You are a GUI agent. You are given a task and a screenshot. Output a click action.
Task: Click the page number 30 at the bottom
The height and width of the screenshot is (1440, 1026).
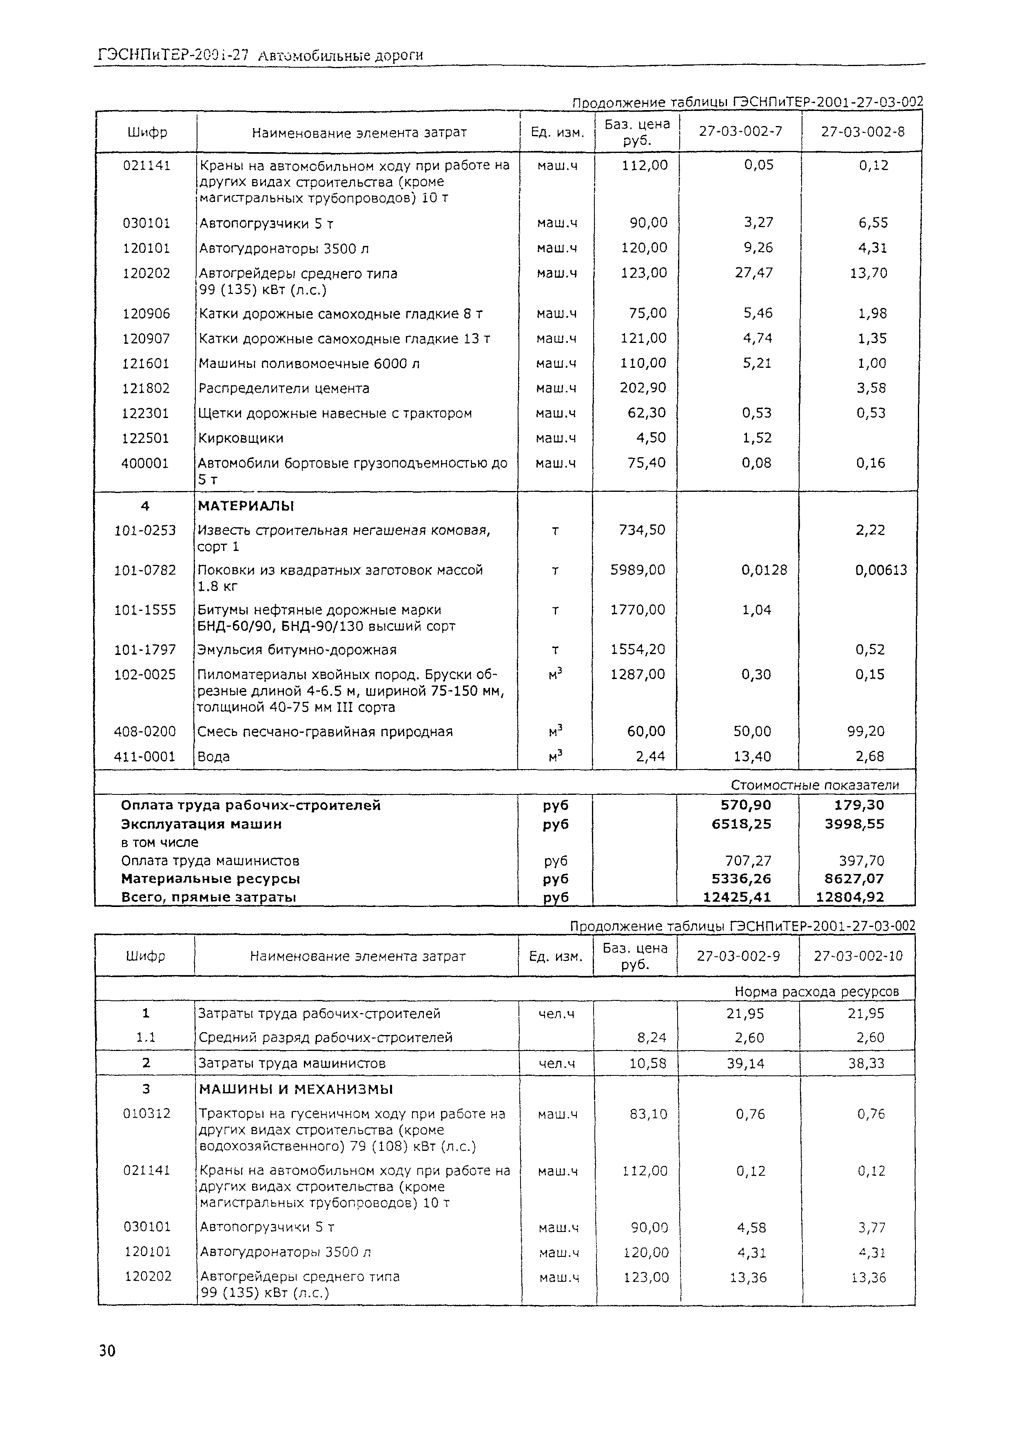click(107, 1351)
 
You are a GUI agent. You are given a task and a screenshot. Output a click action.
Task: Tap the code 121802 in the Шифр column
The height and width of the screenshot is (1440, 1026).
click(146, 388)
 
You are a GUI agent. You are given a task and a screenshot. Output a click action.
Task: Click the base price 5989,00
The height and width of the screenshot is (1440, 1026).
click(638, 570)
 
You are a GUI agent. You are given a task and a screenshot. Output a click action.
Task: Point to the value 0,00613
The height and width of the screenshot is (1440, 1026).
click(881, 570)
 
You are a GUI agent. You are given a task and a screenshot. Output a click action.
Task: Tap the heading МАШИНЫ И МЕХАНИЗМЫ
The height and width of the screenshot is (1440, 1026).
click(296, 1089)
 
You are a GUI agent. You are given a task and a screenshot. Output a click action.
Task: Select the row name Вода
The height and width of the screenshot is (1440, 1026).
click(213, 756)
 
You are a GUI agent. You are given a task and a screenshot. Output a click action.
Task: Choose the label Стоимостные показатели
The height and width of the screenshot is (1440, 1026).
click(814, 785)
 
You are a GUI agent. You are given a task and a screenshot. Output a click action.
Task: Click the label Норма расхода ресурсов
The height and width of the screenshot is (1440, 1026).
click(816, 991)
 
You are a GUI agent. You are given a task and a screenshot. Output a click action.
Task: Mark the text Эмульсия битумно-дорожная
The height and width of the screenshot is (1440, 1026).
click(297, 650)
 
